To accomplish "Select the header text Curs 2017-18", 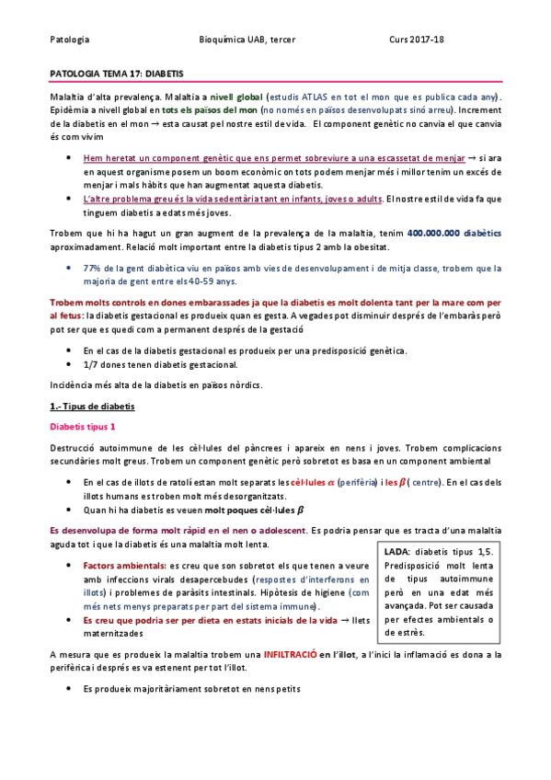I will [417, 40].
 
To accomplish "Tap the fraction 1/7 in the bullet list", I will [91, 364].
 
